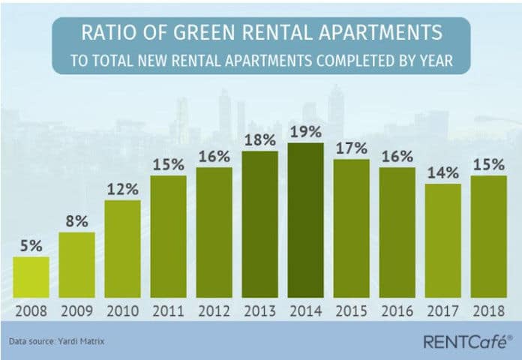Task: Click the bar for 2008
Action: [x=31, y=277]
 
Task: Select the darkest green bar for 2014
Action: [x=305, y=221]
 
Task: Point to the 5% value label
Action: [x=31, y=244]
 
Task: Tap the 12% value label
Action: [x=122, y=188]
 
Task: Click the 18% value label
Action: [x=259, y=139]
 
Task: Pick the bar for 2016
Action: [x=397, y=233]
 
